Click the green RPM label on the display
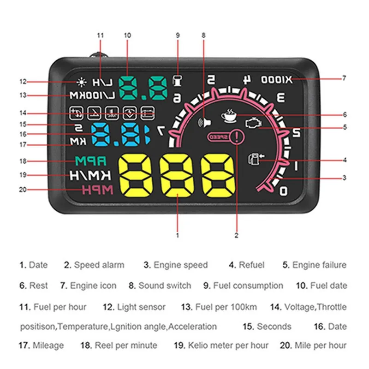91,161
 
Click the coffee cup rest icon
228,115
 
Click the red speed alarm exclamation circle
237,137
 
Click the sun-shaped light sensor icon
82,82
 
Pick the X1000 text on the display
277,79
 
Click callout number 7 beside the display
344,78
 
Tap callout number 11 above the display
101,35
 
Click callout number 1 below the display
177,235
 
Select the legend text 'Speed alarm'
99,265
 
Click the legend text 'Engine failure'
319,265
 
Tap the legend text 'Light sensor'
141,306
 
